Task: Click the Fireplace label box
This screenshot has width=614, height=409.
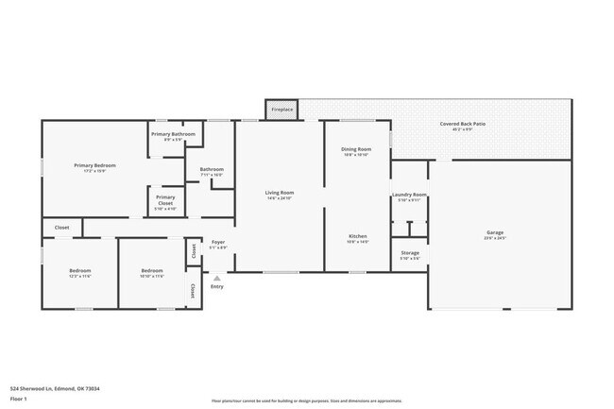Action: [281, 110]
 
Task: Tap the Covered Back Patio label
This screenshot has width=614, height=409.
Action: [462, 125]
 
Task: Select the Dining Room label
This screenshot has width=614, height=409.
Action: [355, 149]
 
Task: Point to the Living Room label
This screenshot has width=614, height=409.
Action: [280, 193]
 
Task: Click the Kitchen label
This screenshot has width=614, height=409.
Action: [358, 236]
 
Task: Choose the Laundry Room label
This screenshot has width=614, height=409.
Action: [409, 195]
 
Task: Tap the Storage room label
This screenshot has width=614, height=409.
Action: [409, 253]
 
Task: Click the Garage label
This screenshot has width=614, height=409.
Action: [495, 232]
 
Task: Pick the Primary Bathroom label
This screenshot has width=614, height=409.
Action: [173, 134]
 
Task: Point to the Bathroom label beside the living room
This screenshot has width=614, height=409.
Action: [211, 170]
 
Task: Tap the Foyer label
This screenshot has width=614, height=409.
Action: [217, 243]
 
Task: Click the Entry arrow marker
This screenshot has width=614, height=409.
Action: [217, 278]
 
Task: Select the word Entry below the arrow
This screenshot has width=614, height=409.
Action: [217, 286]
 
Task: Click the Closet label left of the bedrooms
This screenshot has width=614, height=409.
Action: [61, 228]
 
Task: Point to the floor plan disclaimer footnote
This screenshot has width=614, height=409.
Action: [307, 400]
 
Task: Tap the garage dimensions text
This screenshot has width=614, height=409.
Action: [495, 239]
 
